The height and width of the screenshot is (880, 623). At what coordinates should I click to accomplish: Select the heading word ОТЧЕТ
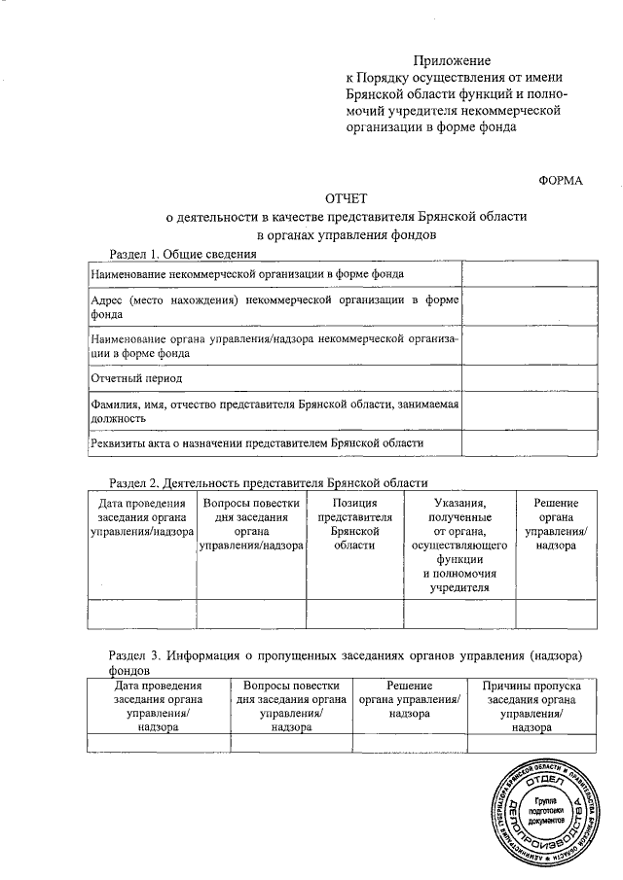tap(346, 198)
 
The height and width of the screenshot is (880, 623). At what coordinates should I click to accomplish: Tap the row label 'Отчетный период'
tap(136, 376)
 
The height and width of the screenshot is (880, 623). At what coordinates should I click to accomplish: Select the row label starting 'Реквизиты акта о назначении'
tap(257, 442)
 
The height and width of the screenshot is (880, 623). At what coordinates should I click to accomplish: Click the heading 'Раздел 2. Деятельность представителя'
tap(268, 482)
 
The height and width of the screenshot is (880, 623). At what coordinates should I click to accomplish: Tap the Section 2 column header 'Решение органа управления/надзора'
tap(556, 525)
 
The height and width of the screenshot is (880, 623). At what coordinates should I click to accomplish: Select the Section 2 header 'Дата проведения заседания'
tap(142, 518)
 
